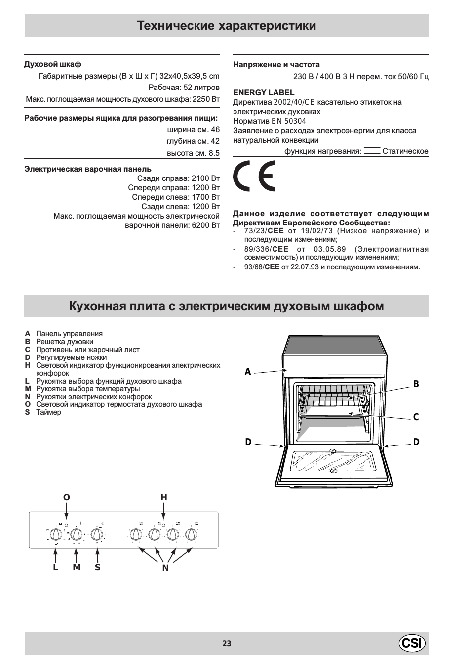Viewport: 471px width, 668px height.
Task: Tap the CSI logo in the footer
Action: click(412, 643)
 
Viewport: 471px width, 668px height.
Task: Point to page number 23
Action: click(227, 643)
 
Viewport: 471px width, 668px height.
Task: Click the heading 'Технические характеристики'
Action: click(227, 26)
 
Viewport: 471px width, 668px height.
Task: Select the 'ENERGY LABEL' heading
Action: click(264, 92)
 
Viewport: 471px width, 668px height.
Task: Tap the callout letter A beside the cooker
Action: click(248, 372)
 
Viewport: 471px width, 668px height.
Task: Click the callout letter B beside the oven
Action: click(416, 384)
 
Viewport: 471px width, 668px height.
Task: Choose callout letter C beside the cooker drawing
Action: click(416, 417)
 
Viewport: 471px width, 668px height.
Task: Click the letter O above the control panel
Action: click(66, 497)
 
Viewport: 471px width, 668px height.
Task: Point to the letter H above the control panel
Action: click(164, 497)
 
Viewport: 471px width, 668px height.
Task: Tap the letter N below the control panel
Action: click(165, 568)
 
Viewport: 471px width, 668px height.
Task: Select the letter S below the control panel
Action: click(98, 567)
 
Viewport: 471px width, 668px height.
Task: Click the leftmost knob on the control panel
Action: click(56, 534)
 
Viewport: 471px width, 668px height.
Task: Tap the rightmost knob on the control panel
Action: click(192, 534)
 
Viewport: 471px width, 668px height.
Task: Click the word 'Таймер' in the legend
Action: click(48, 412)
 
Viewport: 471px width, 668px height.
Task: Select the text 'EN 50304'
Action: click(289, 121)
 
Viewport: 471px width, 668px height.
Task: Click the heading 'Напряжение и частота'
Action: click(276, 65)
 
